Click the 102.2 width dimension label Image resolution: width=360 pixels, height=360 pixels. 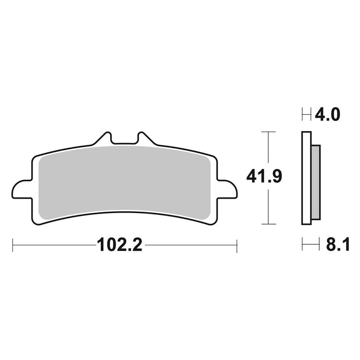(x=120, y=245)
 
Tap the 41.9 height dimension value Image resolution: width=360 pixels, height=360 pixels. (x=264, y=177)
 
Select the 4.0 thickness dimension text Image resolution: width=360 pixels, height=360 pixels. (x=327, y=115)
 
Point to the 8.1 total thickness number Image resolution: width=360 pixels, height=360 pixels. (x=338, y=245)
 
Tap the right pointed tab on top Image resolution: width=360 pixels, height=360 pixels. (x=145, y=138)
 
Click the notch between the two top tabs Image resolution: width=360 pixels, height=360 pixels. (x=124, y=140)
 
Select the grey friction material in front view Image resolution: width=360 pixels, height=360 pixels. (x=124, y=181)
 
